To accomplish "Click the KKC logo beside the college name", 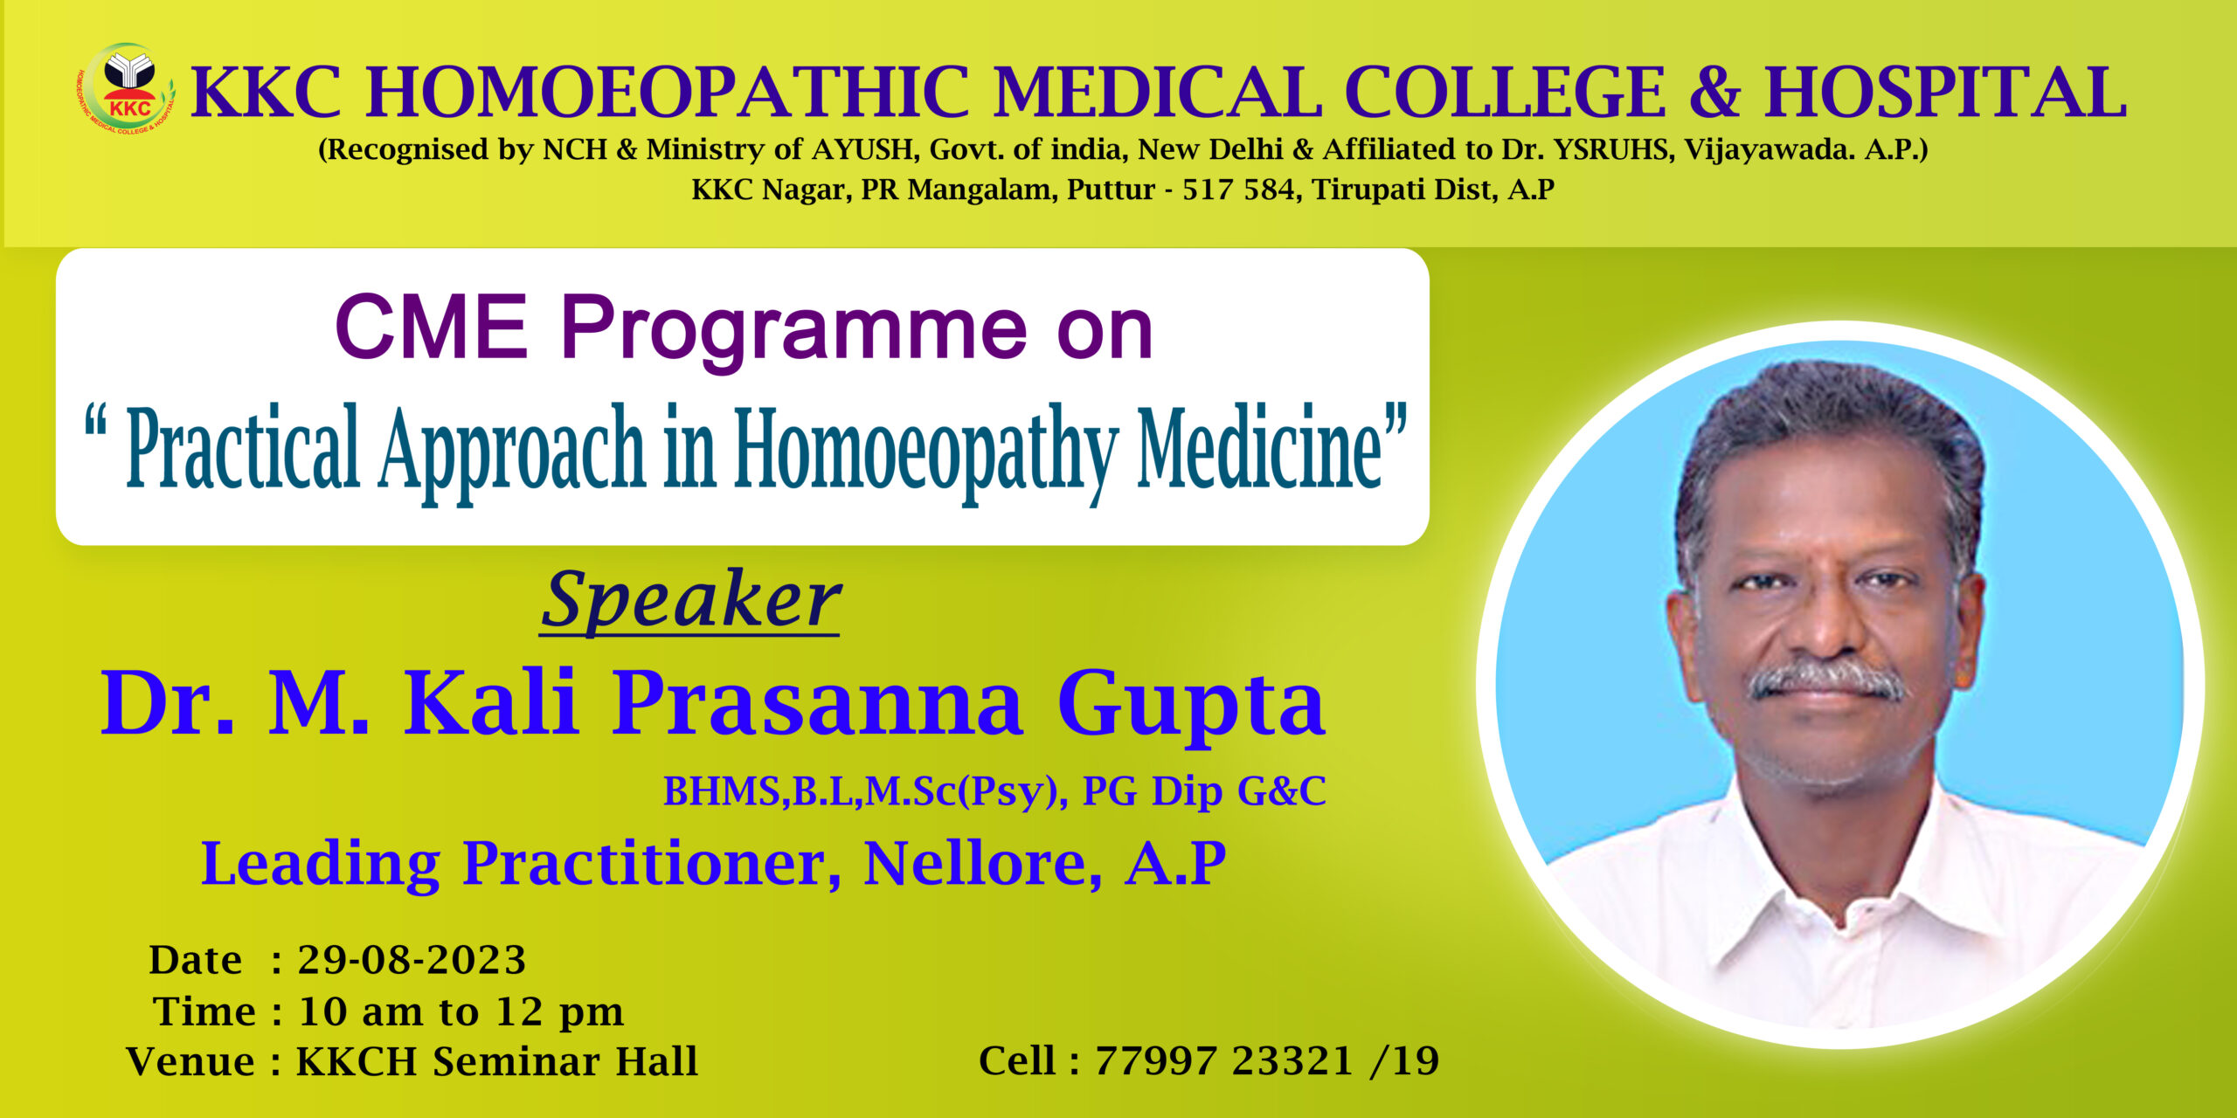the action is pos(127,89).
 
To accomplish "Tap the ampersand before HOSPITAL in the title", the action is pos(1714,92).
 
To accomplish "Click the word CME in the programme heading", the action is pos(432,328).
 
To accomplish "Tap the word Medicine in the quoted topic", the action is pos(1259,446).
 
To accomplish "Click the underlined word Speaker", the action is pos(690,599).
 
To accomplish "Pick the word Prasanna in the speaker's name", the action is pos(816,703).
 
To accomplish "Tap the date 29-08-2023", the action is pos(412,960).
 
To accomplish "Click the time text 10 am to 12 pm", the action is pos(461,1011).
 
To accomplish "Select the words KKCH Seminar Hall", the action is pos(496,1062).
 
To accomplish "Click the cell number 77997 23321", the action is pos(1224,1061).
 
